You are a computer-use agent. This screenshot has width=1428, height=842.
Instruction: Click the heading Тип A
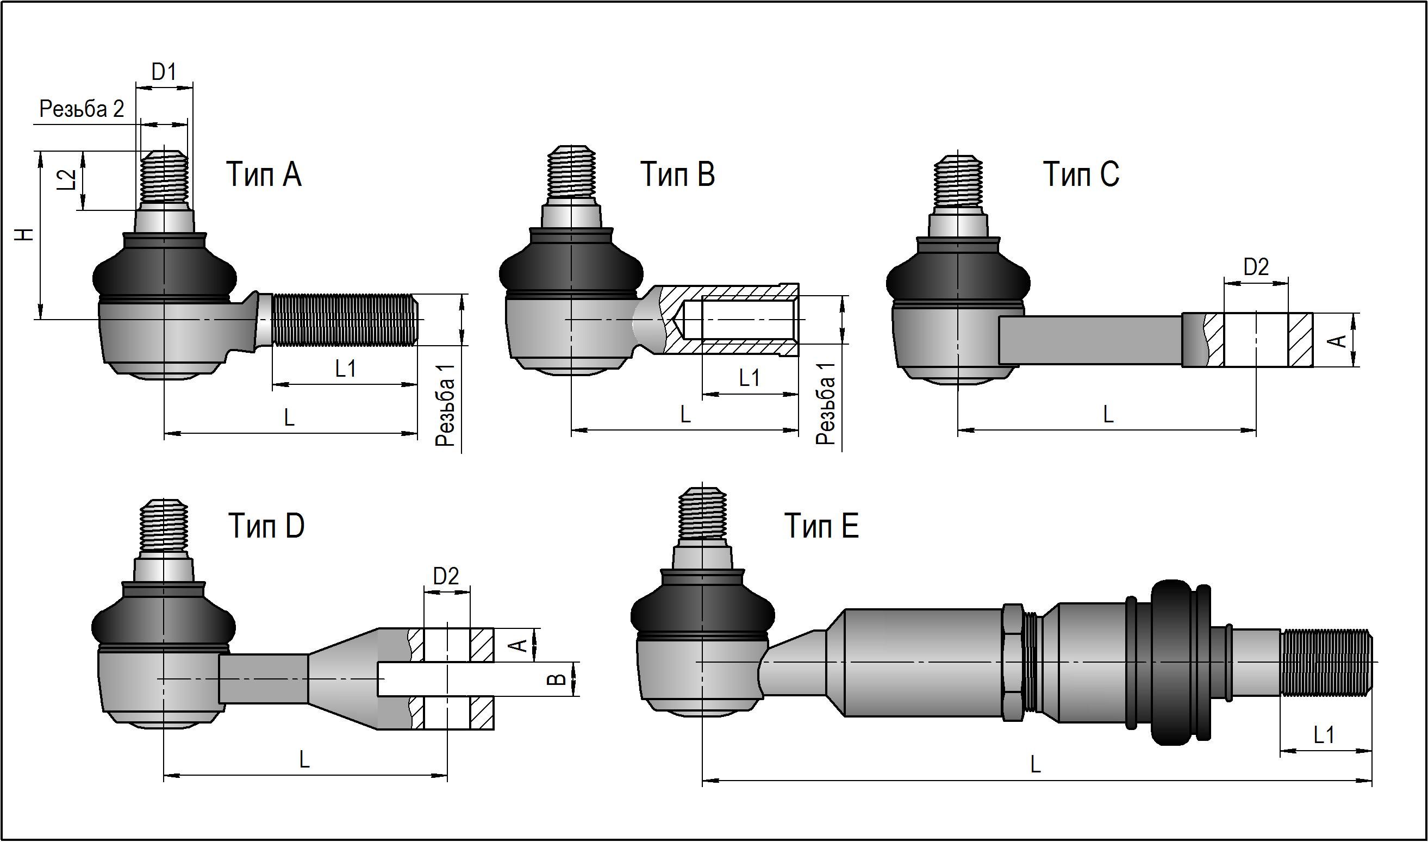(264, 173)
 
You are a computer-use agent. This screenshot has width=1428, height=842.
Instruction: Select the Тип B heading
(677, 173)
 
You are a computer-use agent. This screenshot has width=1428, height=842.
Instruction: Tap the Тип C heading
(1081, 173)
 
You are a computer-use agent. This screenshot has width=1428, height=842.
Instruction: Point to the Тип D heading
(266, 526)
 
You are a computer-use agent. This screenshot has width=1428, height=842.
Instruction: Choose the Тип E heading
(821, 526)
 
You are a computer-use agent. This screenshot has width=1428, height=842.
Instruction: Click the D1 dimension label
(164, 72)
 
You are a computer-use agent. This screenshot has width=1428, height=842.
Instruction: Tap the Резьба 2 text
(82, 108)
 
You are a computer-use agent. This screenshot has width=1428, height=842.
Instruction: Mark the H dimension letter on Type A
(24, 234)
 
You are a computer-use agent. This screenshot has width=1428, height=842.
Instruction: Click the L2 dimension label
(67, 180)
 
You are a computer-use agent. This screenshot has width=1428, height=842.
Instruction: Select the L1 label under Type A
(346, 369)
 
